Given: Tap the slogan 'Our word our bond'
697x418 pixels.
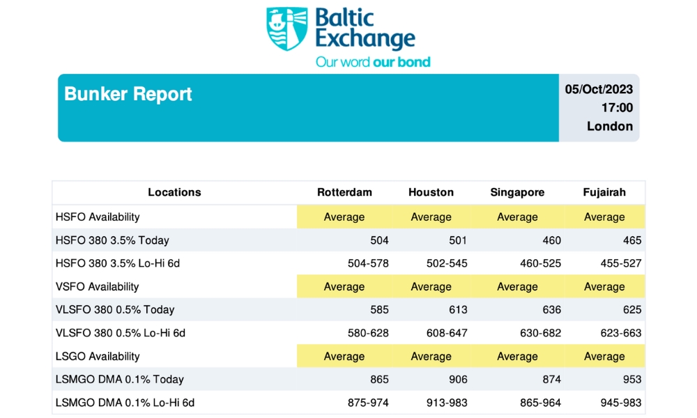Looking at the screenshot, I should (x=373, y=62).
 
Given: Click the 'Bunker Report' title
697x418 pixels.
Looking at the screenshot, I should (x=128, y=94).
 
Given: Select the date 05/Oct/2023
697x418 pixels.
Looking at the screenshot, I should (x=599, y=89).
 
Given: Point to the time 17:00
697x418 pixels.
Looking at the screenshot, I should (x=617, y=107).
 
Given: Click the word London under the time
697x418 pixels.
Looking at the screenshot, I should (x=610, y=126).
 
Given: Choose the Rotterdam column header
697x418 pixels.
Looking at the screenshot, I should (x=344, y=192).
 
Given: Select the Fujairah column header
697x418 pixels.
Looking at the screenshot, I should (x=604, y=192).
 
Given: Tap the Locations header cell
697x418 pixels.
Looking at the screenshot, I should (x=174, y=192).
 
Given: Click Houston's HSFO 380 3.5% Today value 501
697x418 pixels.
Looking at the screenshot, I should (x=458, y=240).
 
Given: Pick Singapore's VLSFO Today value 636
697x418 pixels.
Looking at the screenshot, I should (x=551, y=309).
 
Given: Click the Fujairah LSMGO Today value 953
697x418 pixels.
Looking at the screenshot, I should (x=632, y=379).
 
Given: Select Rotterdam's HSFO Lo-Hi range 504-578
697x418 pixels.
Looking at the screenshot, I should (x=368, y=263).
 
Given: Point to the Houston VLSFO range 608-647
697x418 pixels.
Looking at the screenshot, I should (x=445, y=333).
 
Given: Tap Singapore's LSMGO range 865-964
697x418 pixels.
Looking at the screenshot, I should (x=540, y=403).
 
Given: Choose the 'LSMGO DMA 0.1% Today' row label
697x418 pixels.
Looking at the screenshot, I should (x=119, y=379).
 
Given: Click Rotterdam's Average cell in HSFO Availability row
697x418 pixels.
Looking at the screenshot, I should (x=344, y=217).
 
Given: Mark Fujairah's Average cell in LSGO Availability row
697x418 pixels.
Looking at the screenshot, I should (x=604, y=356).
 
